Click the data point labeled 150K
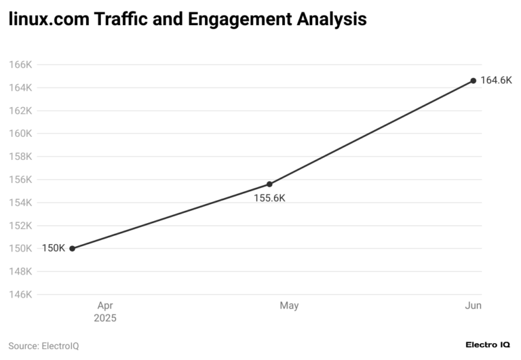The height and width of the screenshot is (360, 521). (x=73, y=248)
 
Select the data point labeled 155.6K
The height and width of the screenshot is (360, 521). (x=269, y=184)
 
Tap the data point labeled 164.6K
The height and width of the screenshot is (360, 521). (x=474, y=81)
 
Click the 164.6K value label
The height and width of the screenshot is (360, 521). (x=496, y=81)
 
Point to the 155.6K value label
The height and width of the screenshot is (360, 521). (x=269, y=198)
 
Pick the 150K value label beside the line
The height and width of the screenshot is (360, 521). (x=54, y=248)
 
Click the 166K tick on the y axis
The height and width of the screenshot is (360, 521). (x=20, y=65)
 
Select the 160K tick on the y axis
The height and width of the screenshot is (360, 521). (x=20, y=134)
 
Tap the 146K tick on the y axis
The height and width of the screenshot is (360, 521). (x=20, y=294)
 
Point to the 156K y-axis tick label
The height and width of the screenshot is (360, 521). (x=20, y=180)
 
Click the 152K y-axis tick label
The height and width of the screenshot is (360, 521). (x=20, y=226)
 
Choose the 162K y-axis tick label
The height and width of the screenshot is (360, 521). (x=20, y=111)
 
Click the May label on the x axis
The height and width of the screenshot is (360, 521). (x=289, y=306)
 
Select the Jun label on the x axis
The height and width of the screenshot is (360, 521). (x=473, y=306)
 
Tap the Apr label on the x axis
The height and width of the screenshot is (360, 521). (x=105, y=306)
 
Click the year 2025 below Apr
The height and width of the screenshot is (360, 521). (x=105, y=318)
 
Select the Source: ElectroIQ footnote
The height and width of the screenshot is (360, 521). (x=43, y=346)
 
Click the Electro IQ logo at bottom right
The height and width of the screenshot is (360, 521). (x=488, y=345)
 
